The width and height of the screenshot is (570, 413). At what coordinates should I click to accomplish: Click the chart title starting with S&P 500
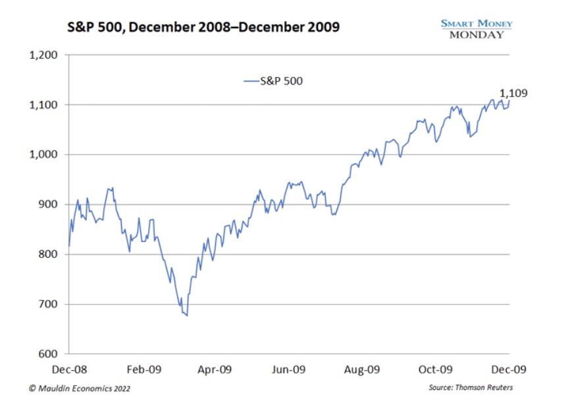point(204,28)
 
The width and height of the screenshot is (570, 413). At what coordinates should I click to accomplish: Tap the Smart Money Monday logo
point(477,28)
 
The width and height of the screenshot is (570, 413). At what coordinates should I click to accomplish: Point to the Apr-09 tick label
point(215,370)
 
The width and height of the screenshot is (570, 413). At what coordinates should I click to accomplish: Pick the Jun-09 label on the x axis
point(288,370)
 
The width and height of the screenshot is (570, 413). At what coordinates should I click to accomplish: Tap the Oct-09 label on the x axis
point(436,370)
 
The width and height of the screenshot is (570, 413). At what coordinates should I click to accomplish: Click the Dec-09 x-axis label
point(509,370)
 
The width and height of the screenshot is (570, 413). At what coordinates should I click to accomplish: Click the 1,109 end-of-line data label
point(513,93)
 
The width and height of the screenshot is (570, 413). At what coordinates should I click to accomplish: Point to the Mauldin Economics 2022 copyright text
point(80,389)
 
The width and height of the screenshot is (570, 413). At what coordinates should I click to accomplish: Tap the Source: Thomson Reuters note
point(470,388)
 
